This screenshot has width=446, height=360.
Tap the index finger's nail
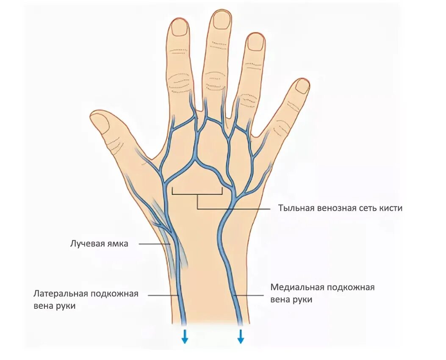[180, 28]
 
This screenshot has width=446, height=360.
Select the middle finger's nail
[222, 20]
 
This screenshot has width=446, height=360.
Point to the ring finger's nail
[255, 42]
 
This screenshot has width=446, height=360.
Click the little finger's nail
[302, 86]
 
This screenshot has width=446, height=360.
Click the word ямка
[117, 244]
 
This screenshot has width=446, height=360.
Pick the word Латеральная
[61, 294]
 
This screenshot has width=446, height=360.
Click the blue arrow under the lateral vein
[185, 336]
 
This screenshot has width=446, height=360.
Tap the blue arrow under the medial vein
[241, 336]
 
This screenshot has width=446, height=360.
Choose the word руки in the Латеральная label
[65, 306]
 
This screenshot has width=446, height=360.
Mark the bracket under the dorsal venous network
[197, 194]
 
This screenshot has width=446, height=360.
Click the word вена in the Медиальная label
[280, 299]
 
